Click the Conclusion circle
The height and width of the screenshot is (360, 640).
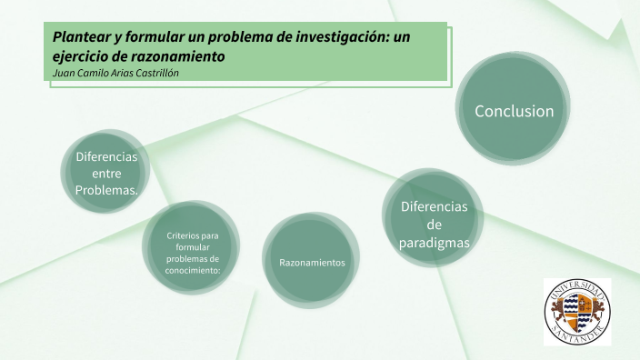click(x=514, y=111)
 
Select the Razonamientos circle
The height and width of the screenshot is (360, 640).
click(x=312, y=262)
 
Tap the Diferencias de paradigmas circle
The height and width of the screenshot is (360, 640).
click(x=434, y=224)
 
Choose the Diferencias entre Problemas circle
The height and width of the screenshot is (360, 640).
click(x=106, y=173)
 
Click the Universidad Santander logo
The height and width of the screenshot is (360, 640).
click(x=577, y=312)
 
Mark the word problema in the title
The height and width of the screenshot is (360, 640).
click(x=257, y=37)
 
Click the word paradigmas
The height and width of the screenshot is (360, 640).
click(x=434, y=242)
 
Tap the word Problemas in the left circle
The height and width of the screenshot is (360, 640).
click(x=105, y=190)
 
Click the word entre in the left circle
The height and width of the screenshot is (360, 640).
click(x=106, y=173)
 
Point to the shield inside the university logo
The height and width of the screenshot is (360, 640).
click(x=577, y=312)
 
